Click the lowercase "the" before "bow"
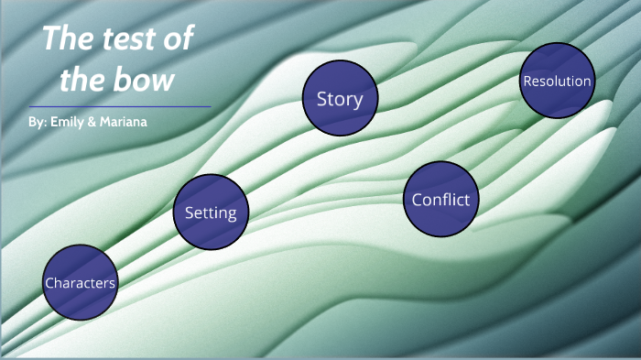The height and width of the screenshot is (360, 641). [x=85, y=80]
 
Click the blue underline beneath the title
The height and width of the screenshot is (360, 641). [x=120, y=106]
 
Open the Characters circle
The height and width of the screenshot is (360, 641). [x=81, y=282]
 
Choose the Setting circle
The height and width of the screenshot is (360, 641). [x=211, y=213]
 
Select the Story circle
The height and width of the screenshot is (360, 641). [x=340, y=98]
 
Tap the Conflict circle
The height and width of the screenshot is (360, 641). [x=440, y=199]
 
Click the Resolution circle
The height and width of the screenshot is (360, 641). [x=557, y=81]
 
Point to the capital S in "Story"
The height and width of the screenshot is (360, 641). [x=321, y=99]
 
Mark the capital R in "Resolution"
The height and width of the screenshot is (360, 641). [x=527, y=82]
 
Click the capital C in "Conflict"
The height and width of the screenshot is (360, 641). [x=418, y=200]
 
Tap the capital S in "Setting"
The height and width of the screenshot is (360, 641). [x=190, y=213]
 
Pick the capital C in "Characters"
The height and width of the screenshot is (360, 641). [x=49, y=283]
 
